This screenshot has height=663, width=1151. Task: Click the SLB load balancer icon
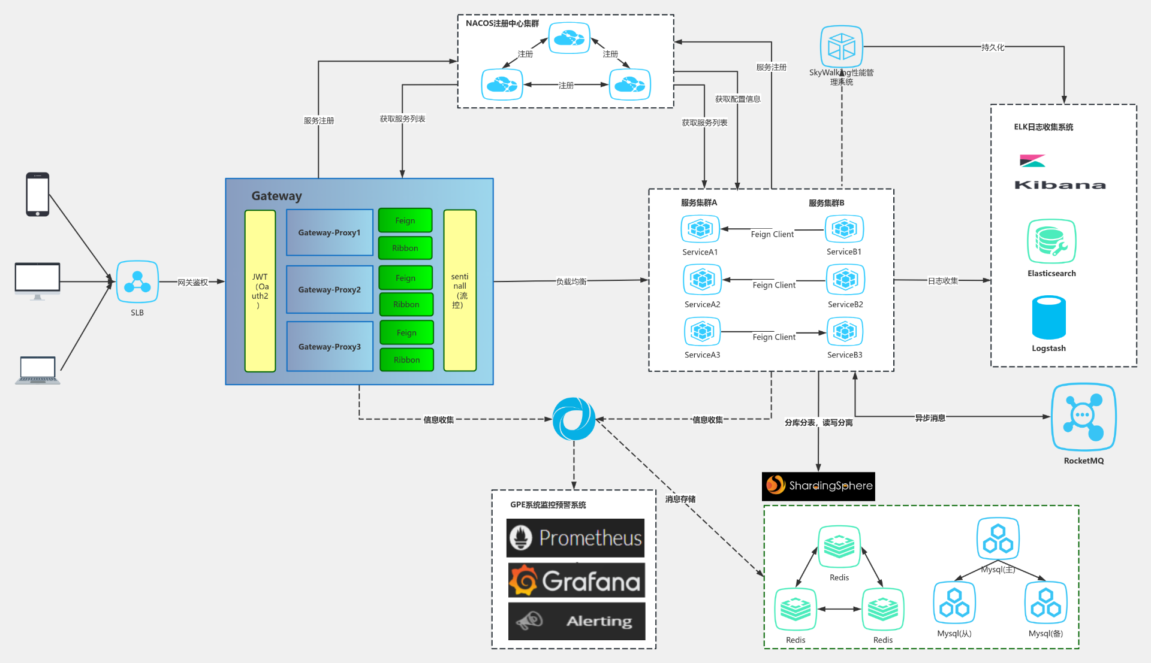click(137, 281)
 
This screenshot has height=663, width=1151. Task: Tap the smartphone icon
click(37, 195)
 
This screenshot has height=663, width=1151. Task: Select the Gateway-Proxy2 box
click(330, 290)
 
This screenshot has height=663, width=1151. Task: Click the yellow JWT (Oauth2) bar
click(260, 291)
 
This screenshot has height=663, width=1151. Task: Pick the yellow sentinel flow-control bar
click(460, 290)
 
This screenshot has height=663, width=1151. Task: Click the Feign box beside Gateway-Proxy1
click(405, 220)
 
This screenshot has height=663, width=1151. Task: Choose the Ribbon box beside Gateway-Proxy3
click(406, 360)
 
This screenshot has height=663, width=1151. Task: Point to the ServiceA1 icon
click(700, 229)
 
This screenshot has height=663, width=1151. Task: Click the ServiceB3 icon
click(845, 331)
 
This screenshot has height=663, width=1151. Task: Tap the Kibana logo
click(1059, 173)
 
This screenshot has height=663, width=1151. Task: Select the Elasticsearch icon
click(1051, 241)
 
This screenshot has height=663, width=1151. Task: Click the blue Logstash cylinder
click(1048, 317)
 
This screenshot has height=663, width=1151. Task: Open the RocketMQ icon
click(1083, 417)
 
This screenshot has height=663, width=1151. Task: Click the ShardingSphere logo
click(818, 486)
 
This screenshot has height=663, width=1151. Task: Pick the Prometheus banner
click(575, 538)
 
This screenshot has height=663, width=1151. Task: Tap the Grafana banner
click(576, 580)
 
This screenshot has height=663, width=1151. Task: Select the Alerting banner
click(576, 621)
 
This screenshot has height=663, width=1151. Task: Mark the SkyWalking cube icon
click(841, 46)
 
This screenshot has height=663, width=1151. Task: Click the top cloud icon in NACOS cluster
click(569, 38)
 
